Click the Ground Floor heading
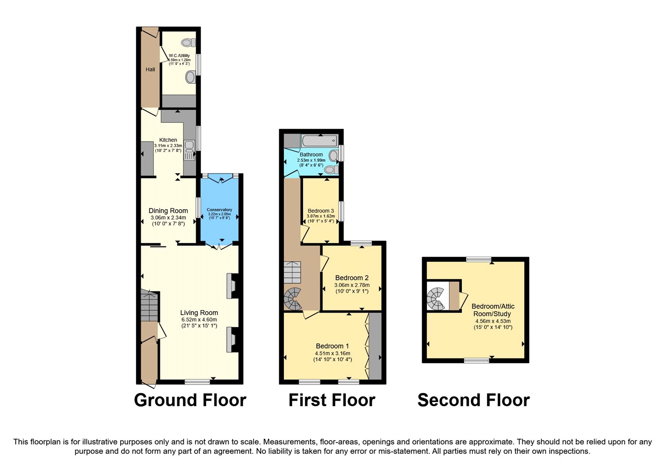coord(190,400)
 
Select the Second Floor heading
coord(473,400)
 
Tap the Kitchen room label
coord(168,140)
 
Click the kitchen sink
coord(189,150)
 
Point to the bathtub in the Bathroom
coord(320,141)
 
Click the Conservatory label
coord(219,210)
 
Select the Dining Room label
coord(168,210)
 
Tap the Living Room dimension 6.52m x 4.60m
coord(199,320)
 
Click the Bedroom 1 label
coord(332,346)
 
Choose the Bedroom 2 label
coord(352,278)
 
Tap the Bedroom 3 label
coord(321,211)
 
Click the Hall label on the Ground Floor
coord(150,69)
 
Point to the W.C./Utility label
coord(179,56)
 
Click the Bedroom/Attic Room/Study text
coord(493,310)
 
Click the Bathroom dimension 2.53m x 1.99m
coord(311,160)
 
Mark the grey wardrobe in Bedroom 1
coord(375,346)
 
